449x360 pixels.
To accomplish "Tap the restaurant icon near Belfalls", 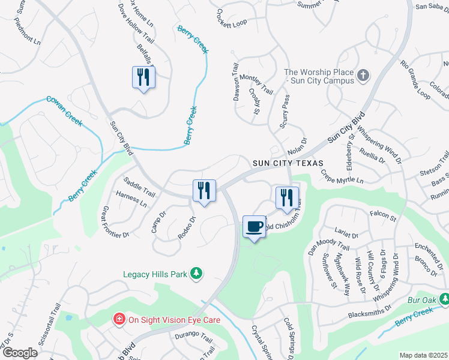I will pos(143,77).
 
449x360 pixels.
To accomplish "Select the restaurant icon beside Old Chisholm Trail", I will pos(287,197).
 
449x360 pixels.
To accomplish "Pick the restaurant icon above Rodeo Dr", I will pos(204,190).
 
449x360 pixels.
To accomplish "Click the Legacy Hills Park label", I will pos(155,274).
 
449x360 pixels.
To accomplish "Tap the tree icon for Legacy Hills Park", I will pos(196,274).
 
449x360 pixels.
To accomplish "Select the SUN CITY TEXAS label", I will pos(288,163).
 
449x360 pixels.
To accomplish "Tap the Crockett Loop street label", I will pos(232,18).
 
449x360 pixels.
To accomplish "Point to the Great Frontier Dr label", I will pos(116,222).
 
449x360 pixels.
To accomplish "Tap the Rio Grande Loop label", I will pos(415,80).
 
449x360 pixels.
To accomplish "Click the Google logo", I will pos(19,353).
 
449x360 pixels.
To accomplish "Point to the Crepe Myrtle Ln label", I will pos(342,176).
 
